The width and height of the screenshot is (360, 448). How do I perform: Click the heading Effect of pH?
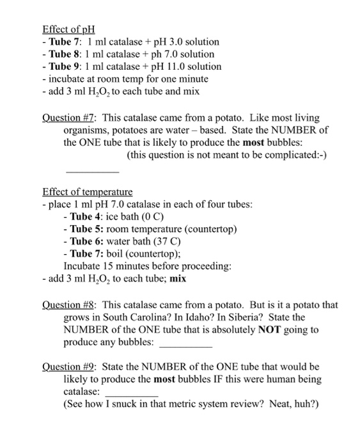pos(68,29)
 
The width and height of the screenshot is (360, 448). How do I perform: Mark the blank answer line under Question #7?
pos(93,172)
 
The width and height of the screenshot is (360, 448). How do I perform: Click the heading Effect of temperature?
pos(88,192)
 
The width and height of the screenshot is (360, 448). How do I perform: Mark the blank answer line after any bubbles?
pos(185,344)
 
